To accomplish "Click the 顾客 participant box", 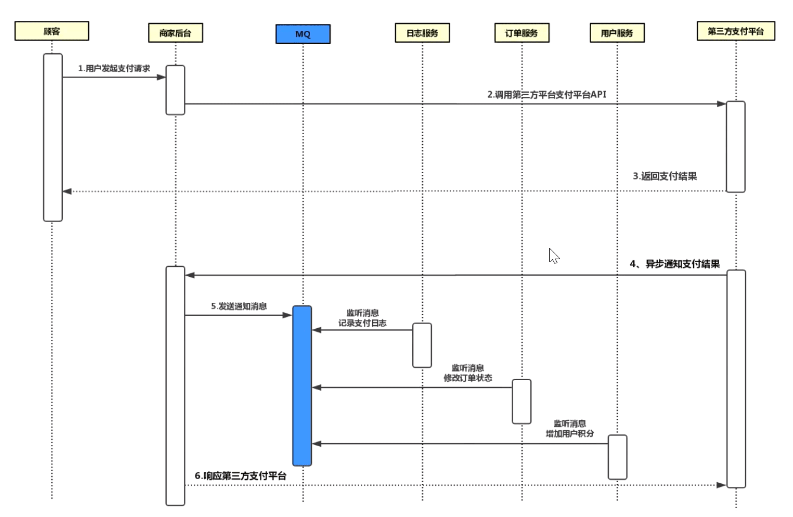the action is [x=52, y=31].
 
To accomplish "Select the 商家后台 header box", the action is [x=176, y=33].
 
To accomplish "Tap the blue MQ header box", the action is [x=303, y=34].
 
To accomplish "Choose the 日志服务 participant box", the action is [x=422, y=33].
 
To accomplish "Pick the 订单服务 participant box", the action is [x=522, y=33].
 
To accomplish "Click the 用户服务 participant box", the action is [x=617, y=33].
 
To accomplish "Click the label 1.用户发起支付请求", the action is [x=114, y=68].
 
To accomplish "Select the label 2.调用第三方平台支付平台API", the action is [x=547, y=95].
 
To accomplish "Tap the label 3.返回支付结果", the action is [x=665, y=176].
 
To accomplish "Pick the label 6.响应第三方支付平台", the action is [x=240, y=476].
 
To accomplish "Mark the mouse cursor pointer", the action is [x=554, y=256].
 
